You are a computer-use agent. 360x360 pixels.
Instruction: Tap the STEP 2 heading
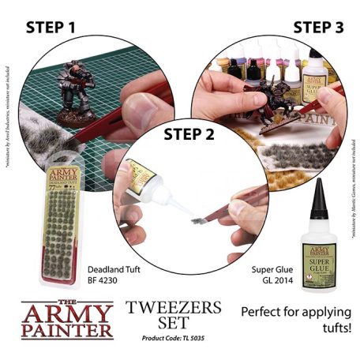pyautogui.click(x=189, y=133)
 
